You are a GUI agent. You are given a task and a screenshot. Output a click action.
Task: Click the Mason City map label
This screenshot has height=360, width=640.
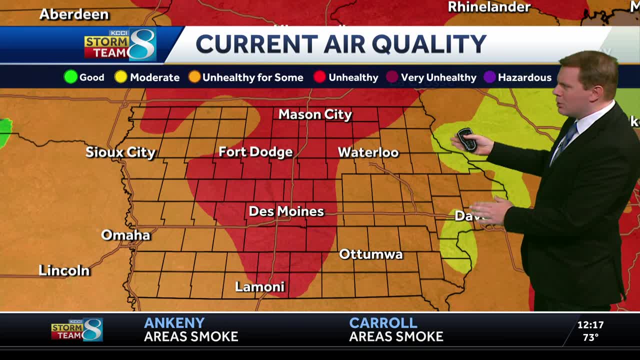click(315, 114)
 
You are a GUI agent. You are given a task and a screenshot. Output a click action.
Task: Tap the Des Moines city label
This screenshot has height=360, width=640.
click(286, 211)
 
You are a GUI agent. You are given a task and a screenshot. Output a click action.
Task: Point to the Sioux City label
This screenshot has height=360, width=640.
click(120, 152)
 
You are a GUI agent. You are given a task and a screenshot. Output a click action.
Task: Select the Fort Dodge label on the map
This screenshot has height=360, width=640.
click(255, 152)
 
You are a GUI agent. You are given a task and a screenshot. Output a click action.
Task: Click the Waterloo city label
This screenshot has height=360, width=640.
click(368, 152)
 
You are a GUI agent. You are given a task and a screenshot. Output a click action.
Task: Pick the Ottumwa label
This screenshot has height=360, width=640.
click(370, 254)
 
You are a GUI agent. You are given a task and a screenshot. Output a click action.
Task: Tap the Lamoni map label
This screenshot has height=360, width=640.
click(259, 287)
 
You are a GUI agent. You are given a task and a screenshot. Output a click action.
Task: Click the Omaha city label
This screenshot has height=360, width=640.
click(125, 235)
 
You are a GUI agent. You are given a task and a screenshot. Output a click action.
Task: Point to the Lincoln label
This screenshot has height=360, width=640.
click(64, 270)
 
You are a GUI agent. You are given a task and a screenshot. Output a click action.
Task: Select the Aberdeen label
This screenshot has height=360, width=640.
click(74, 14)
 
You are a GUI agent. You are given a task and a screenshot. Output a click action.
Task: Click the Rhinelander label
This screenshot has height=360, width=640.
click(489, 7)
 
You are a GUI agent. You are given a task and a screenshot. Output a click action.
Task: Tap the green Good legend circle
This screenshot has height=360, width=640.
click(70, 77)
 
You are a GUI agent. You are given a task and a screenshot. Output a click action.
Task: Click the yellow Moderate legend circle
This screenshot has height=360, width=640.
click(121, 77)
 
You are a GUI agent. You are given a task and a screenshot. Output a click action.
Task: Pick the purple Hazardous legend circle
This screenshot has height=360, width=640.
click(489, 77)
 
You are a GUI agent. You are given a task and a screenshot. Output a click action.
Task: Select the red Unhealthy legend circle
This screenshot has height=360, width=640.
click(320, 77)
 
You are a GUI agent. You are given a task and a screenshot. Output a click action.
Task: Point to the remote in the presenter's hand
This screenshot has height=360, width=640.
click(466, 139)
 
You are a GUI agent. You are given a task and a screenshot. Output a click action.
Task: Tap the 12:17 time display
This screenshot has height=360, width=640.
click(590, 325)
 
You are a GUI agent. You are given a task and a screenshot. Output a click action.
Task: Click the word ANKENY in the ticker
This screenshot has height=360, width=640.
click(174, 323)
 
